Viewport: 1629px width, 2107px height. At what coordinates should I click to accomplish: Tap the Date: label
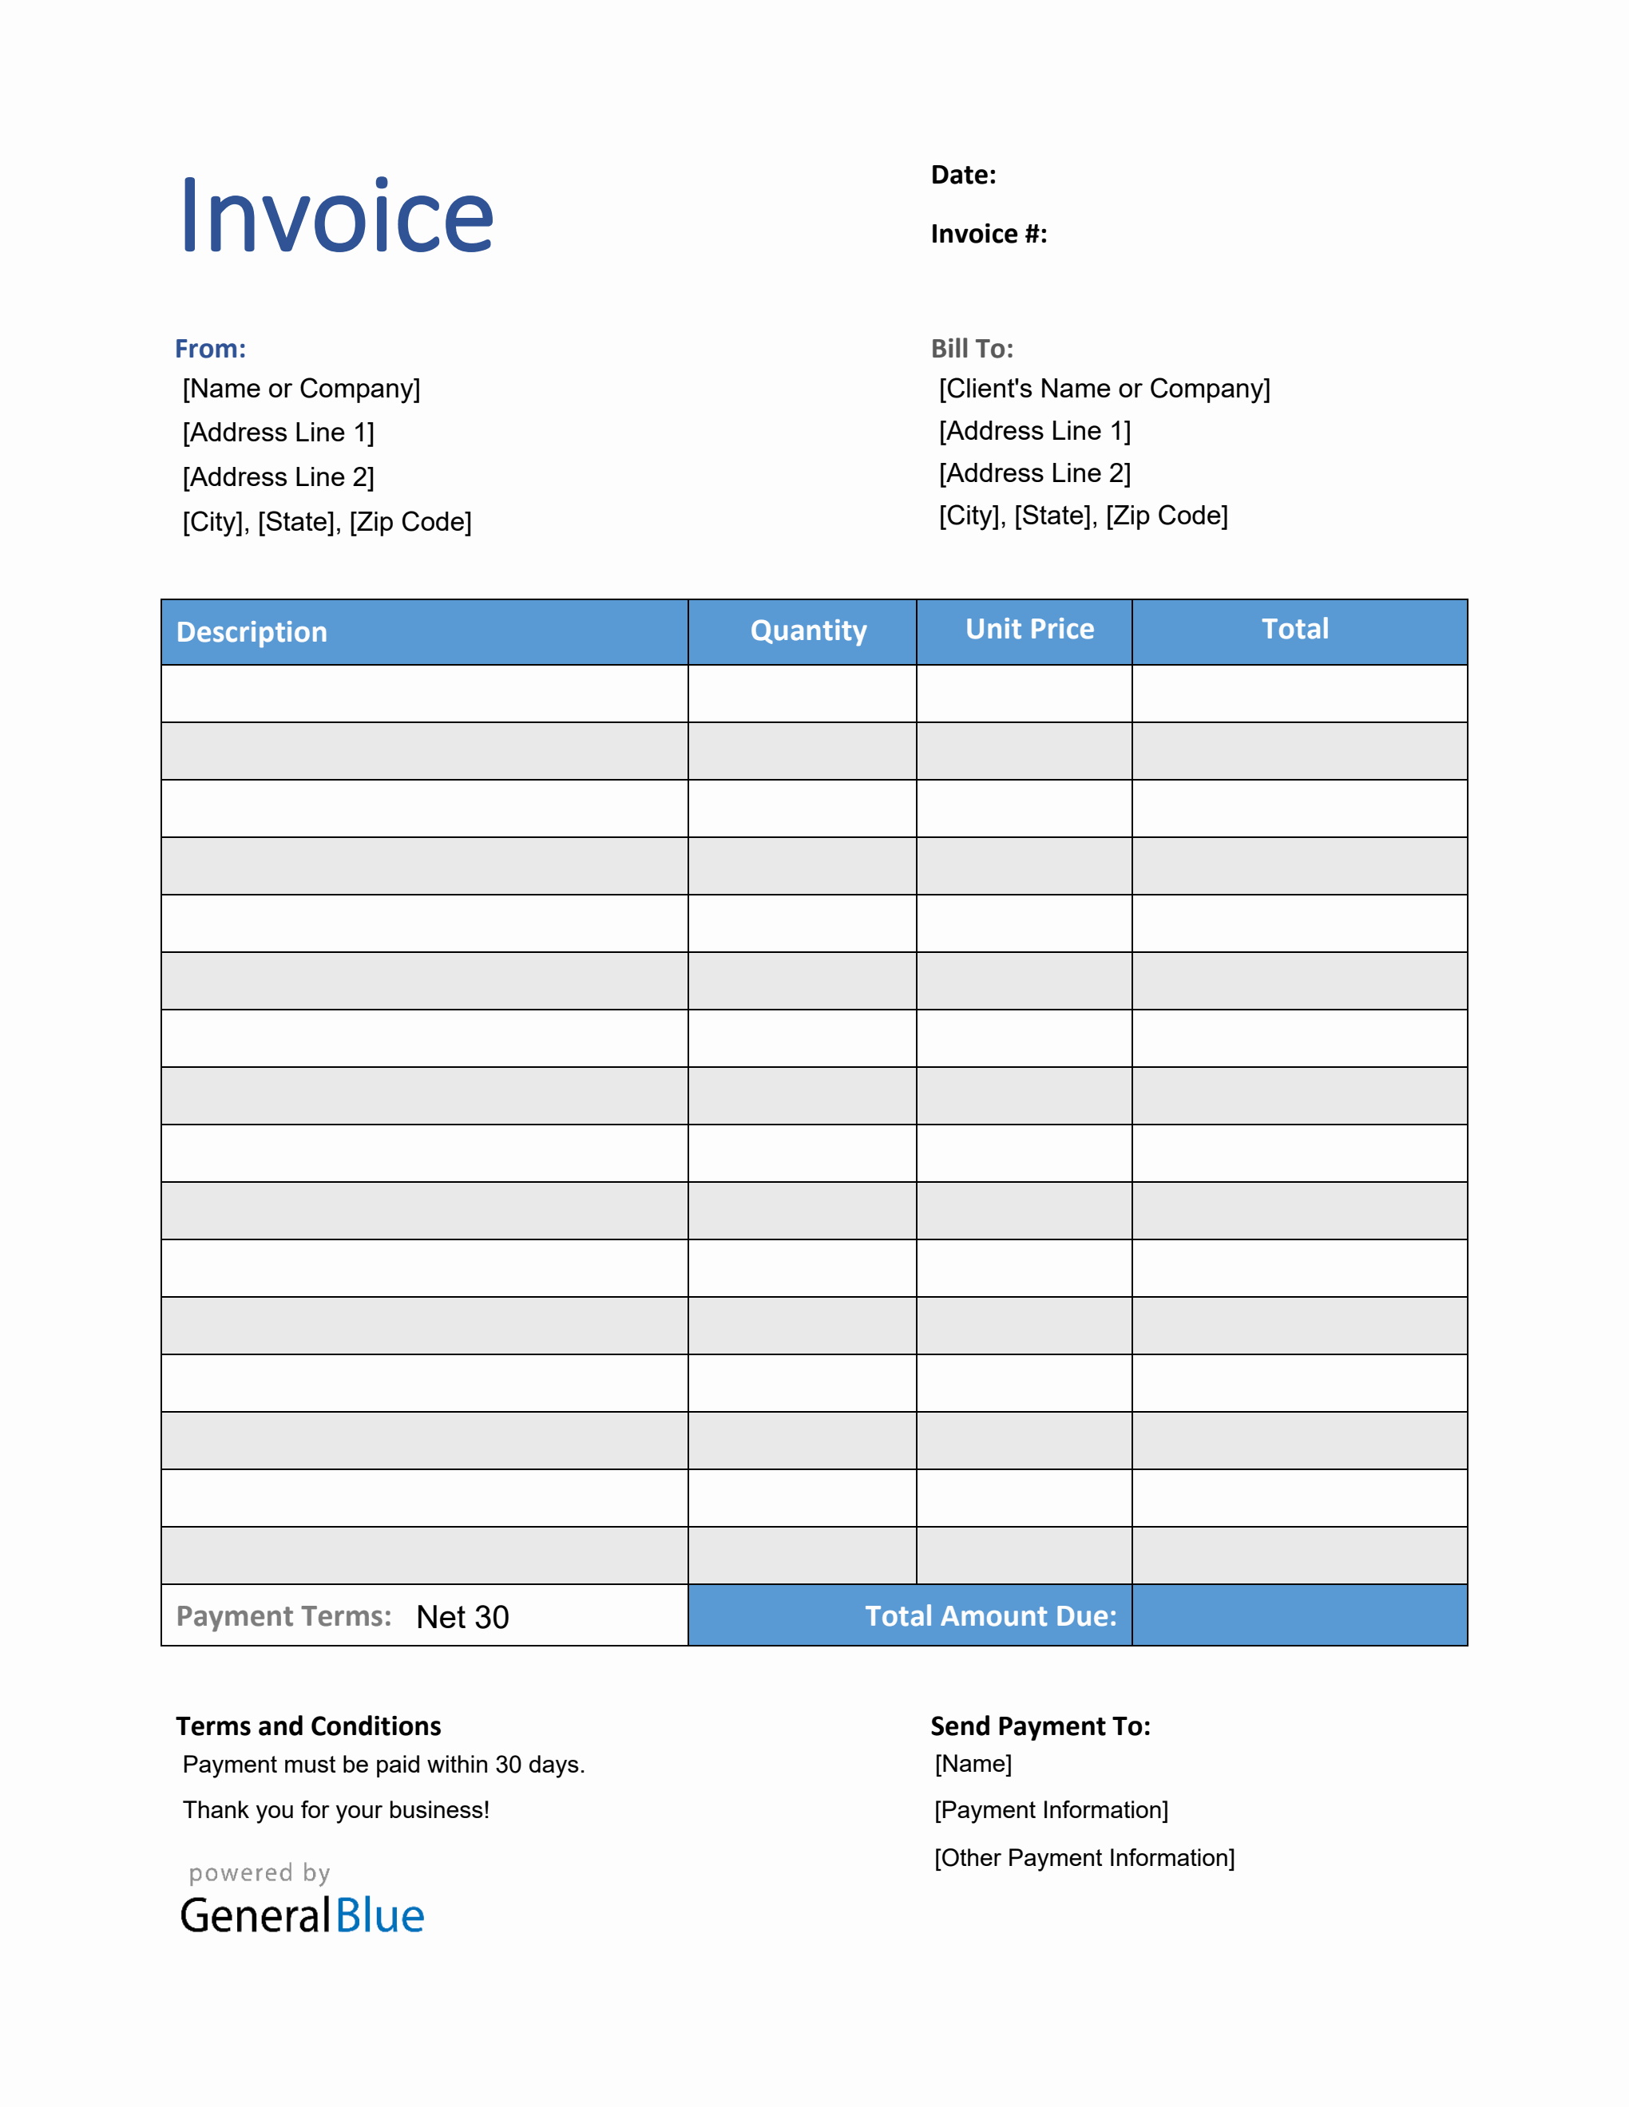point(962,175)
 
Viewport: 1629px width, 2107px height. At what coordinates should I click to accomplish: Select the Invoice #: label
point(989,234)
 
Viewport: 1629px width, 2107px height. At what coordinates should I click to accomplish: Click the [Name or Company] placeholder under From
point(301,389)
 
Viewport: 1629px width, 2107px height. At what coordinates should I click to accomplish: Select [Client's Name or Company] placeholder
point(1104,389)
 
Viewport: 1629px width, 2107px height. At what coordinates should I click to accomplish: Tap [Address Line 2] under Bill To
point(1035,474)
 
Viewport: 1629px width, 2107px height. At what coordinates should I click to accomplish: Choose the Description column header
point(252,632)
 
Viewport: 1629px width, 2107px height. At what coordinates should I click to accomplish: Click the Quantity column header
point(809,631)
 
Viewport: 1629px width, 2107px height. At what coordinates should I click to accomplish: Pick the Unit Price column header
point(1030,629)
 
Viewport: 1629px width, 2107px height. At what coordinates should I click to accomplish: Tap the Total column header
point(1295,629)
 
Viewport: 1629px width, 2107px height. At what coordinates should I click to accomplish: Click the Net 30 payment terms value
point(462,1617)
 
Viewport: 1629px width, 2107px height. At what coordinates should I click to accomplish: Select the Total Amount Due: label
point(990,1616)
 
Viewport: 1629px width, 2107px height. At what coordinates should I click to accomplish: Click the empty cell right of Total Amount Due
point(1299,1616)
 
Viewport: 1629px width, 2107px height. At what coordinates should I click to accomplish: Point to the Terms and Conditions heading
point(308,1726)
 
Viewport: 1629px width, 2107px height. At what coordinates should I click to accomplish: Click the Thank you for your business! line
point(336,1810)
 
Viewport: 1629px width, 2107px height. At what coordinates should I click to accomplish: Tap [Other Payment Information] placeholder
point(1084,1858)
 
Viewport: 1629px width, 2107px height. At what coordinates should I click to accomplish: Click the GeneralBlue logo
point(302,1915)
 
